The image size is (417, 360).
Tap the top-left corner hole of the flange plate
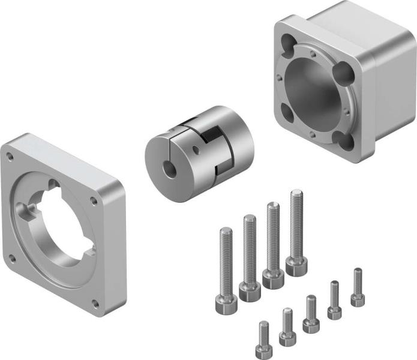point(10,157)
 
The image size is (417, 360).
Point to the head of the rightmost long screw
point(295,266)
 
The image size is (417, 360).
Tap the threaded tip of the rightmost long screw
point(296,196)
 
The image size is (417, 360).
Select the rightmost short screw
point(358,288)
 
